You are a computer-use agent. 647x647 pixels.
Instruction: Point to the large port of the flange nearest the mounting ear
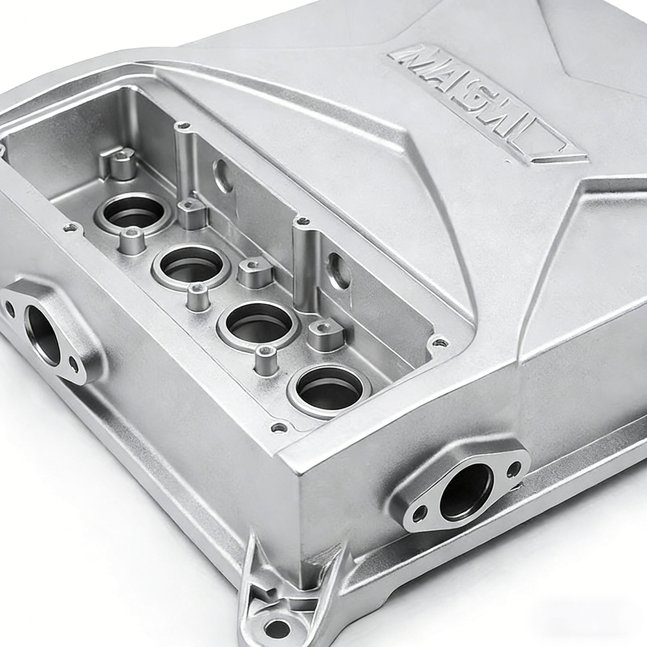(x=466, y=492)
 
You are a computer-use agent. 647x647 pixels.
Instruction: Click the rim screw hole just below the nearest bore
(x=279, y=427)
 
